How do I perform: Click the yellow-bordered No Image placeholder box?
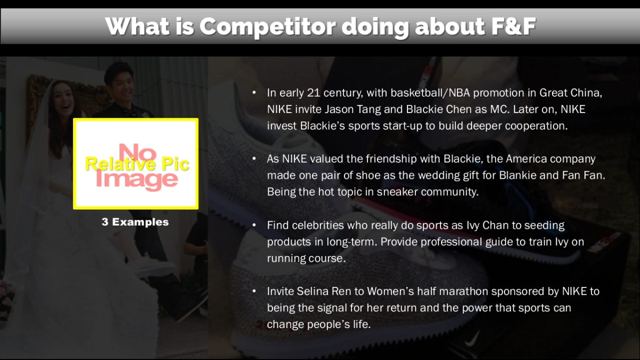tap(135, 164)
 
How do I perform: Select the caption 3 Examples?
tap(135, 222)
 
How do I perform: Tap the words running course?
tap(306, 258)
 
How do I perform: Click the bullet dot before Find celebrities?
tap(254, 226)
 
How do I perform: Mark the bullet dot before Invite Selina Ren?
tap(254, 292)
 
